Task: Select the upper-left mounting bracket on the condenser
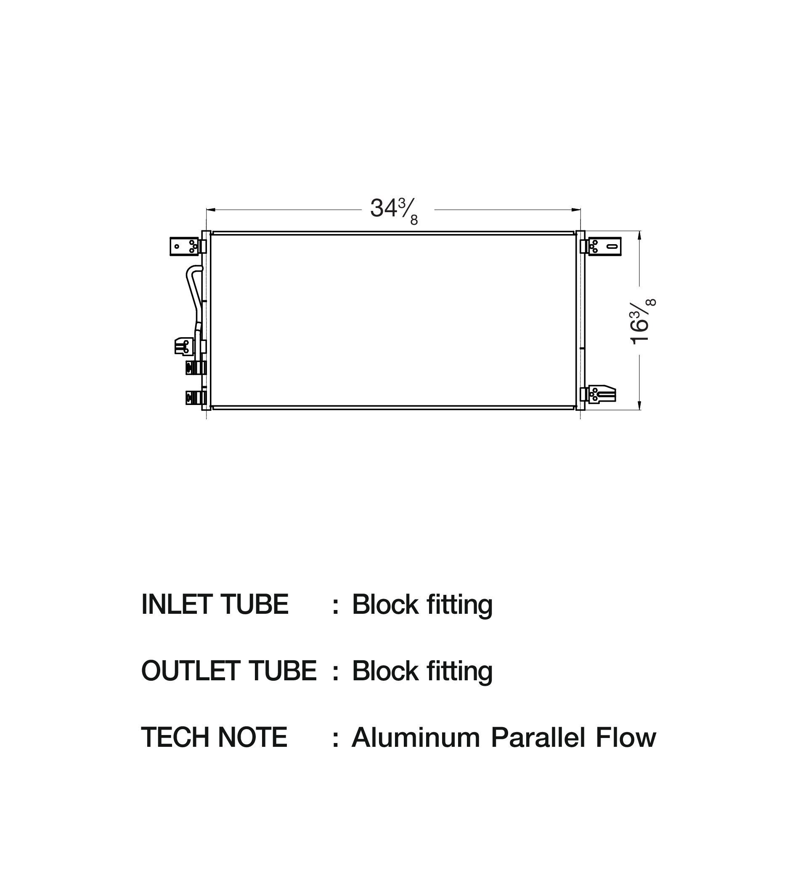[x=184, y=246]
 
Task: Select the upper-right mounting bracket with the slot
[x=605, y=247]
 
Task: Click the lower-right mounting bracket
[x=602, y=394]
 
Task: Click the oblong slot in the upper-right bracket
[x=612, y=247]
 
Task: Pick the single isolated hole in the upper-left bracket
[x=177, y=247]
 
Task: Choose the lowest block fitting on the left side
[x=196, y=397]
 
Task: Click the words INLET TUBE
[x=215, y=605]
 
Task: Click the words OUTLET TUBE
[x=228, y=671]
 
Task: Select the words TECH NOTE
[x=214, y=738]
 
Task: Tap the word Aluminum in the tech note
[x=416, y=738]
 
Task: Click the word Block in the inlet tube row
[x=385, y=605]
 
